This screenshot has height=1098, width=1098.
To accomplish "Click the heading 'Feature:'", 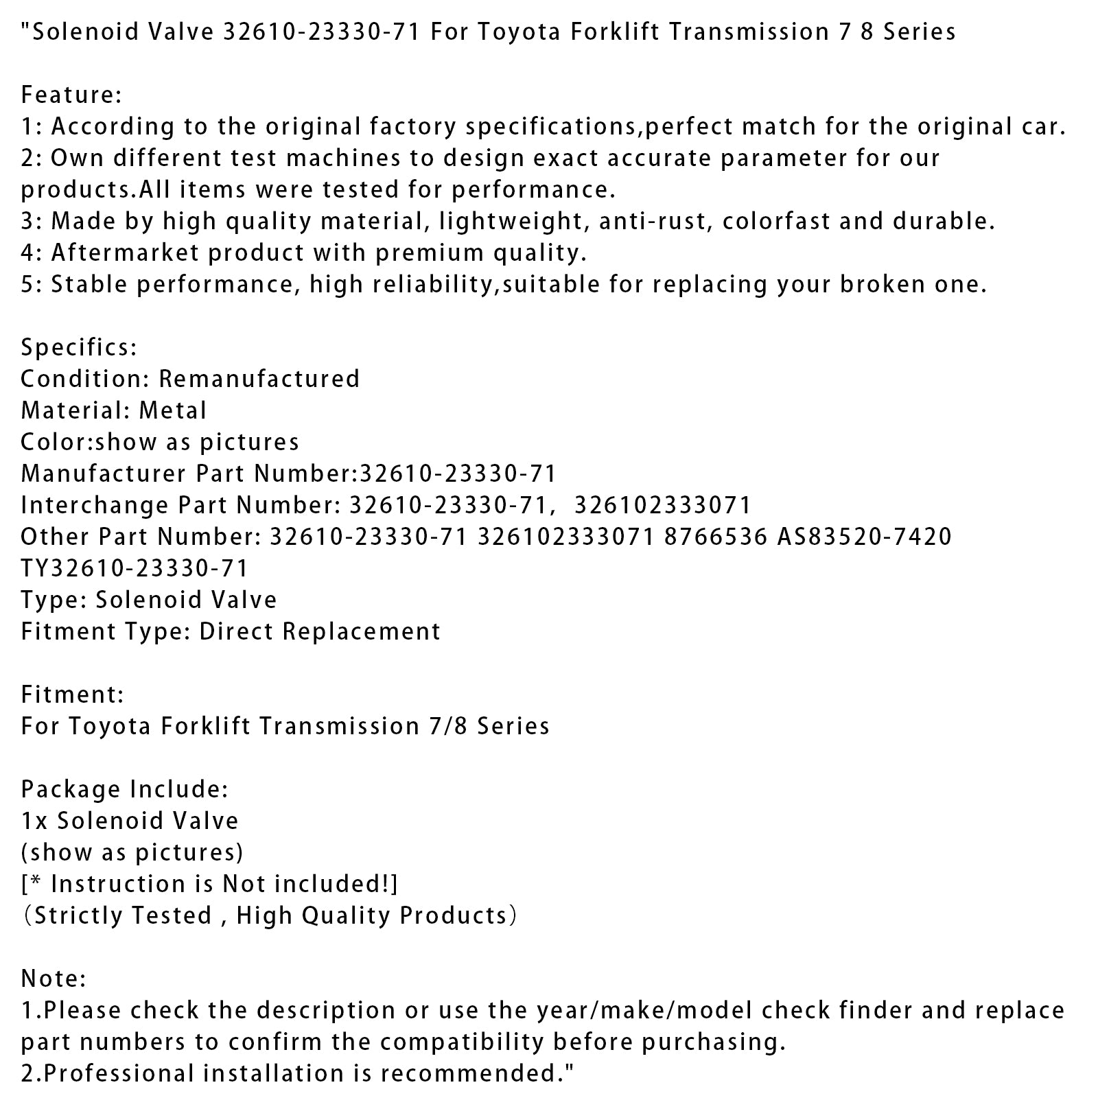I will pyautogui.click(x=71, y=95).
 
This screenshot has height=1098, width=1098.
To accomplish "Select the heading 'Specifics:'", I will pyautogui.click(x=79, y=347).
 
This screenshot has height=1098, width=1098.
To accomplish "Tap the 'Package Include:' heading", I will pyautogui.click(x=124, y=789).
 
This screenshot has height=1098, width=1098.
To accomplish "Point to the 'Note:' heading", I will pyautogui.click(x=54, y=979).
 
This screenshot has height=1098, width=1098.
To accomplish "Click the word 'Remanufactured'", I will pyautogui.click(x=259, y=379).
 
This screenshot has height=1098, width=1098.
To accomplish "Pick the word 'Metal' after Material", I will pyautogui.click(x=173, y=410).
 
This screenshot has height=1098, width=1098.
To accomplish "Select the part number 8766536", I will pyautogui.click(x=715, y=537).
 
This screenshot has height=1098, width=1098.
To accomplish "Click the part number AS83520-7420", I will pyautogui.click(x=865, y=537).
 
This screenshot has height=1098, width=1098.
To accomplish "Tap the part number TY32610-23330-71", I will pyautogui.click(x=135, y=568).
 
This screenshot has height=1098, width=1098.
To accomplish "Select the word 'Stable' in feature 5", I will pyautogui.click(x=89, y=284).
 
